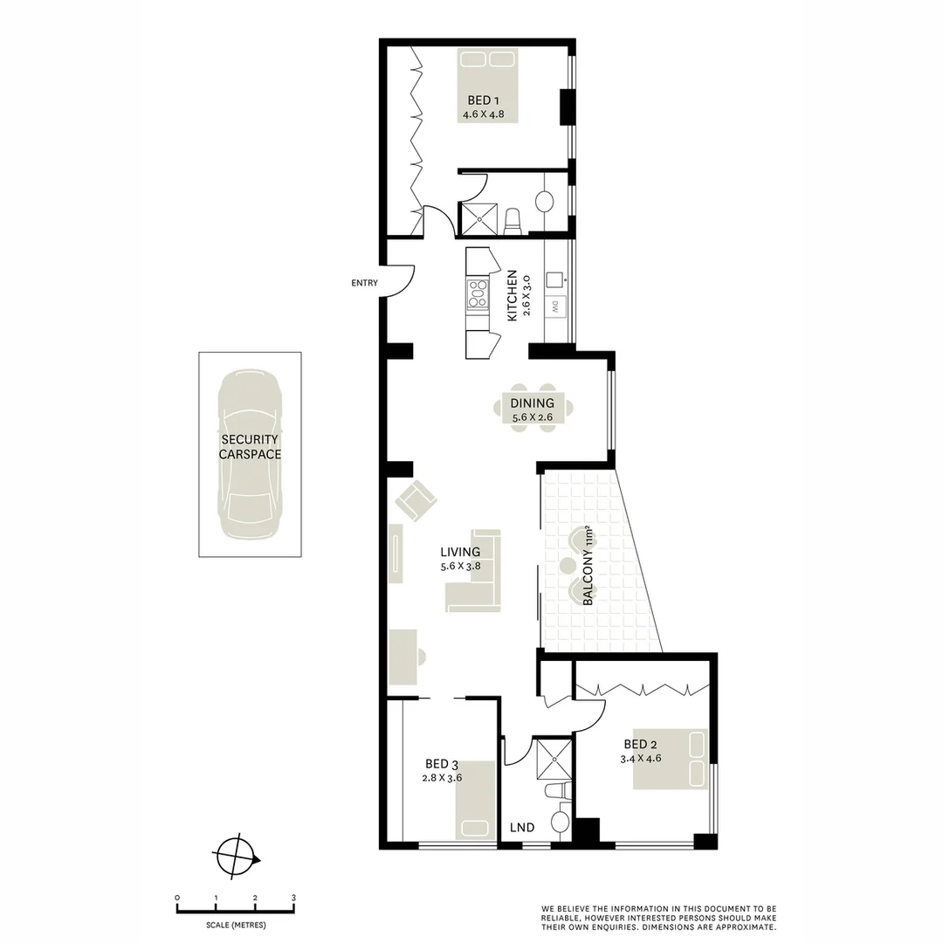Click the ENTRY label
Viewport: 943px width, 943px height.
tap(364, 283)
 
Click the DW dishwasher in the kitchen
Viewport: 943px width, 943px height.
tap(554, 306)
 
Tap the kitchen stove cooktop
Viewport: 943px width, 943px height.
tap(477, 293)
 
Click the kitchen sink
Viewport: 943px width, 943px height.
tap(554, 279)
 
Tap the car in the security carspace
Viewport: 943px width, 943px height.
tap(250, 454)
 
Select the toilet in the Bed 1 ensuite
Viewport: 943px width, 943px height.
tap(513, 220)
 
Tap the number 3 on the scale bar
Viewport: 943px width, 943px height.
tap(294, 898)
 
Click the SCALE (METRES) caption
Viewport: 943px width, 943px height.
tap(236, 925)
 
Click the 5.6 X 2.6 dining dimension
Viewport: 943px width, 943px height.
tap(533, 417)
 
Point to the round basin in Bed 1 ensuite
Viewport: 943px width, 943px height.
tap(545, 201)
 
